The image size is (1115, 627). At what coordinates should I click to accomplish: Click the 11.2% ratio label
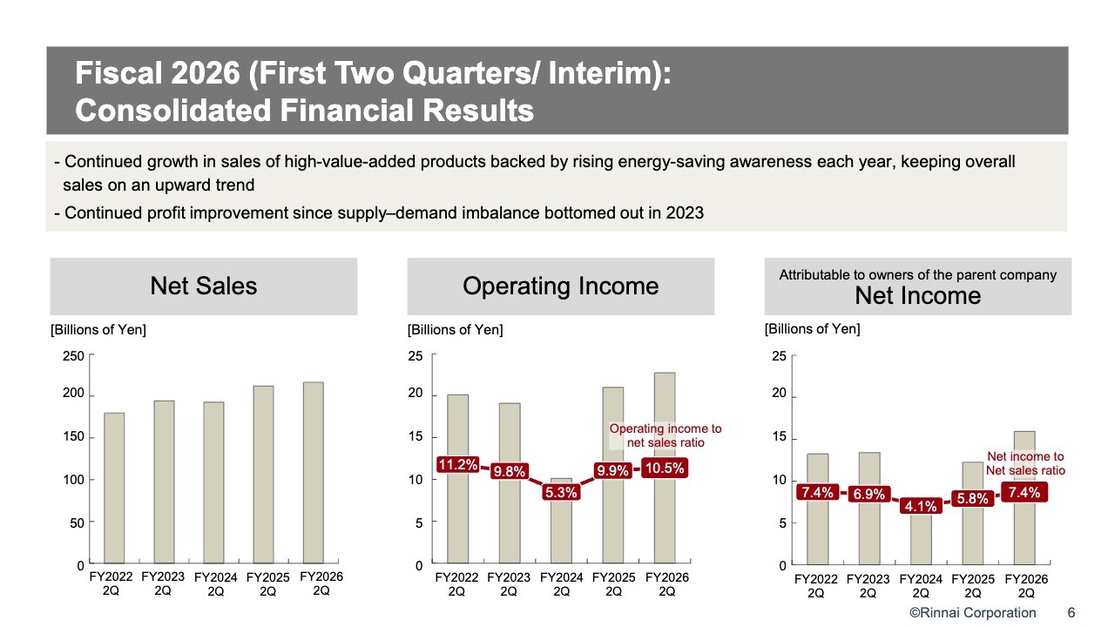(457, 465)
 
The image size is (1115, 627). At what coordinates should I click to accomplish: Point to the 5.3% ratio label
(562, 492)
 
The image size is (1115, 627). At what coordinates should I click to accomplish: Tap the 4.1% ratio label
(921, 505)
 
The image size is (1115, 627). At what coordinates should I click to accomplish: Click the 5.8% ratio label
(972, 499)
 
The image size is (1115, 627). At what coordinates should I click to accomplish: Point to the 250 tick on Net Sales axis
(73, 356)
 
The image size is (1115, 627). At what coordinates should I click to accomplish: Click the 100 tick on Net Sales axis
(73, 480)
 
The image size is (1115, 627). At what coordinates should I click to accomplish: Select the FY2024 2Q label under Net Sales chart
(216, 584)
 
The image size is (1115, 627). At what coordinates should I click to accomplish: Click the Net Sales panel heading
(204, 287)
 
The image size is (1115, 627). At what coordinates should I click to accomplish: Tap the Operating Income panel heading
(560, 287)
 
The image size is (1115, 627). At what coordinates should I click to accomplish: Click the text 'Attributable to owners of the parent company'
(917, 275)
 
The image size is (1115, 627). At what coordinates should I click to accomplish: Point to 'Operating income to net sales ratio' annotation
(666, 435)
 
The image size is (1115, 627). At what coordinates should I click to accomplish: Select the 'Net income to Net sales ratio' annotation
(1025, 463)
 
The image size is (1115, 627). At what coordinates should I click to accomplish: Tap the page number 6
(1071, 612)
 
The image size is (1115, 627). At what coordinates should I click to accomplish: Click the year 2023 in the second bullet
(686, 212)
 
